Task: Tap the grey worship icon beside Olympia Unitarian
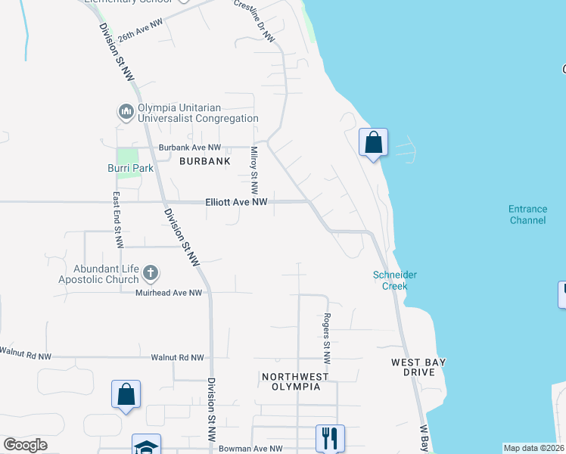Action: [126, 113]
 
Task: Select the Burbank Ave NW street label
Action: [189, 148]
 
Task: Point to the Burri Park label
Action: [130, 168]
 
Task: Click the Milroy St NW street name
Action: [254, 168]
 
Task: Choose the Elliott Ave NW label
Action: [237, 202]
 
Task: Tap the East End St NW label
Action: [118, 219]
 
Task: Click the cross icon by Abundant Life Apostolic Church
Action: [150, 272]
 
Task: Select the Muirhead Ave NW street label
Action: [169, 292]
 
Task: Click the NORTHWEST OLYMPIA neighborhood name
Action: [295, 381]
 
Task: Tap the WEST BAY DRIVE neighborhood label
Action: [418, 367]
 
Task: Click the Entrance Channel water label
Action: [527, 215]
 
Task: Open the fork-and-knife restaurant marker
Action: [330, 437]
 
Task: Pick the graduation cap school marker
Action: [146, 446]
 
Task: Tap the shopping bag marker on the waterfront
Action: [373, 141]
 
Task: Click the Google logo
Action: [25, 445]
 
